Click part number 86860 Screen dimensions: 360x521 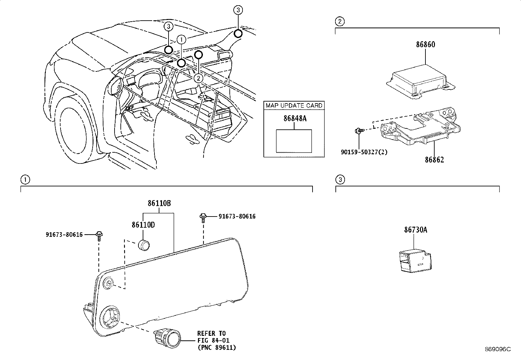click(425, 45)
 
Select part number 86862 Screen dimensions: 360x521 click(434, 160)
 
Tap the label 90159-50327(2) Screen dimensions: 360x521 click(363, 152)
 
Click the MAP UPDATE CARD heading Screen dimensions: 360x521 click(294, 105)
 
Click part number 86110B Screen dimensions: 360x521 click(159, 203)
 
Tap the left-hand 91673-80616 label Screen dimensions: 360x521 click(64, 234)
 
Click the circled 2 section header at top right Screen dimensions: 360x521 click(340, 22)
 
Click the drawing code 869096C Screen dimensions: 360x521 click(498, 349)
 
